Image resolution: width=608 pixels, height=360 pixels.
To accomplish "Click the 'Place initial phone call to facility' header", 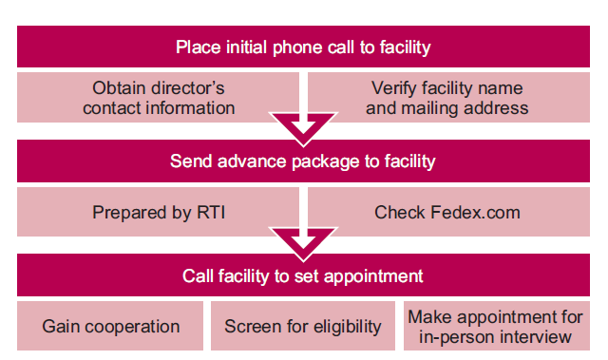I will (x=303, y=47).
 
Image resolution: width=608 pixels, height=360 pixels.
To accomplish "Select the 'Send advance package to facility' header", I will (x=303, y=161).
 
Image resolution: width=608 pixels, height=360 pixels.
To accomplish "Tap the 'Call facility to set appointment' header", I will (x=303, y=275).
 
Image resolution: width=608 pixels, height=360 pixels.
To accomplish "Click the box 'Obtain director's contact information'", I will (x=158, y=98).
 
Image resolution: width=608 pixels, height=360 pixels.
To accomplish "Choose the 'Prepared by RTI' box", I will (x=158, y=213).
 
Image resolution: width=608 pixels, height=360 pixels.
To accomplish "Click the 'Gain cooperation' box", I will (x=111, y=327).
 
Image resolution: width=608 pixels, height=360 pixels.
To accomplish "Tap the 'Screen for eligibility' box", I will (x=303, y=327).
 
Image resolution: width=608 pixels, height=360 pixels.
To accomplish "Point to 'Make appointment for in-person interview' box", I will (x=495, y=327).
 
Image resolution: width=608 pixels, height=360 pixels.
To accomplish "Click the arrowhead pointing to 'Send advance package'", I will (x=303, y=125).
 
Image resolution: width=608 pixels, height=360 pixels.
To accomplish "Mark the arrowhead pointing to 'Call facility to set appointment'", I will (x=303, y=240).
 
